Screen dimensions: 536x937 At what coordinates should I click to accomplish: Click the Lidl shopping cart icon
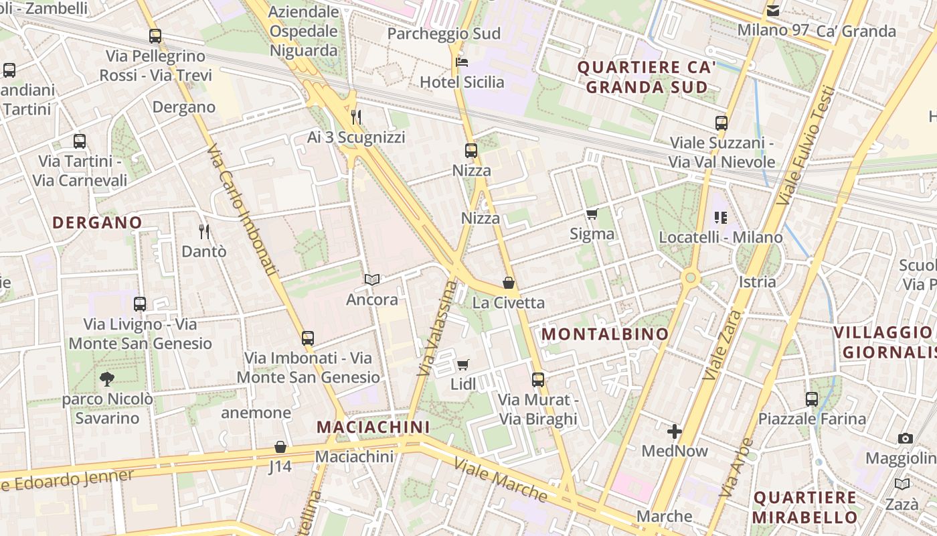462,365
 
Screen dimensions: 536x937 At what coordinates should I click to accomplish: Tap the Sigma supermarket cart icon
592,214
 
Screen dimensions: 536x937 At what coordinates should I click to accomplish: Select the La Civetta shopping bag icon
509,283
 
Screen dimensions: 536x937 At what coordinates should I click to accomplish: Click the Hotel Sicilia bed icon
462,63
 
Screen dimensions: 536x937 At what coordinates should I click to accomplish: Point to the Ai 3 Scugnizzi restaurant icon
356,117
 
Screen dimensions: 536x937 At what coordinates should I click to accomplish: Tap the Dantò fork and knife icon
204,232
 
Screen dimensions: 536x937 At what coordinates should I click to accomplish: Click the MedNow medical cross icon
674,431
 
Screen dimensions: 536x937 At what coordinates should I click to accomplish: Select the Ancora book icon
372,279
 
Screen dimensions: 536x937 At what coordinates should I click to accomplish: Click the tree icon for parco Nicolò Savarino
107,379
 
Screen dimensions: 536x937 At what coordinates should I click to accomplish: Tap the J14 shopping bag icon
280,446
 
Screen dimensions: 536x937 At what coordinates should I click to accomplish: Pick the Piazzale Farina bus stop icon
812,399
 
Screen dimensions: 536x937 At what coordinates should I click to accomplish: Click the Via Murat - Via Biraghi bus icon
538,380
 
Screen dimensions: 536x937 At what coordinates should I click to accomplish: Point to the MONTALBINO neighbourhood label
605,334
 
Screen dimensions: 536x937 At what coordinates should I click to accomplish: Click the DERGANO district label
97,222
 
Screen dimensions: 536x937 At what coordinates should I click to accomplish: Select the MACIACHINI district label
373,427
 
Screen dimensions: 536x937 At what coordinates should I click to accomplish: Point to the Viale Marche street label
501,479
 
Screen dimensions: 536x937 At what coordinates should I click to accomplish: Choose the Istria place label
758,281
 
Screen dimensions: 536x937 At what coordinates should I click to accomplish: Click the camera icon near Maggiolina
906,438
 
